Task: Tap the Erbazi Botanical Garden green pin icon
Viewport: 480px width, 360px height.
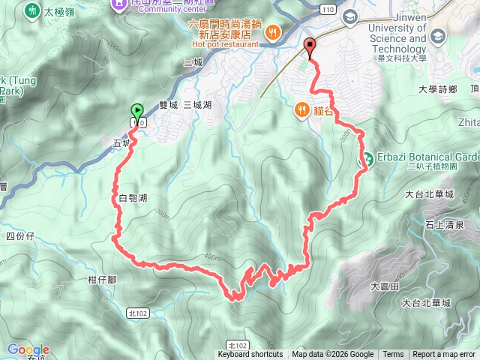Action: tap(368, 160)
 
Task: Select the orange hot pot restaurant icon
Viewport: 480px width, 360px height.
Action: tap(273, 33)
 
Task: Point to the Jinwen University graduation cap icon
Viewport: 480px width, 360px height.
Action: tap(349, 16)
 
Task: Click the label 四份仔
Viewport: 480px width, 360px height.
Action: tap(20, 236)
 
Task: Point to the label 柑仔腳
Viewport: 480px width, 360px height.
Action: tap(101, 280)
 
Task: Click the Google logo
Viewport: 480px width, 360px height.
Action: tap(28, 349)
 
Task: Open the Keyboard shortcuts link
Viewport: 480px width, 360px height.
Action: tap(250, 355)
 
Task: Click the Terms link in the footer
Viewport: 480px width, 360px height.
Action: tap(393, 355)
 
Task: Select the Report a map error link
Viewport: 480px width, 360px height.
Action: tap(445, 355)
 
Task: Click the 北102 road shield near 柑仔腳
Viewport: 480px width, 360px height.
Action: tap(137, 312)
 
